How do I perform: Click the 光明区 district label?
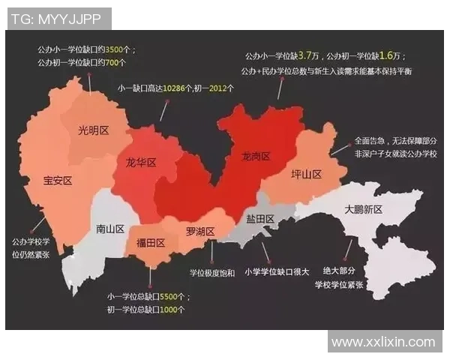pyautogui.click(x=94, y=130)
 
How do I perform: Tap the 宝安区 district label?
pyautogui.click(x=57, y=181)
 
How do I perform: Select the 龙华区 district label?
pyautogui.click(x=140, y=163)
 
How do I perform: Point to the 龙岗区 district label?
pyautogui.click(x=256, y=157)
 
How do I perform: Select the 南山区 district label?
pyautogui.click(x=109, y=229)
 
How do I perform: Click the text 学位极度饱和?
pyautogui.click(x=211, y=272)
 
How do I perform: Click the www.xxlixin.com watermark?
pyautogui.click(x=383, y=342)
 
